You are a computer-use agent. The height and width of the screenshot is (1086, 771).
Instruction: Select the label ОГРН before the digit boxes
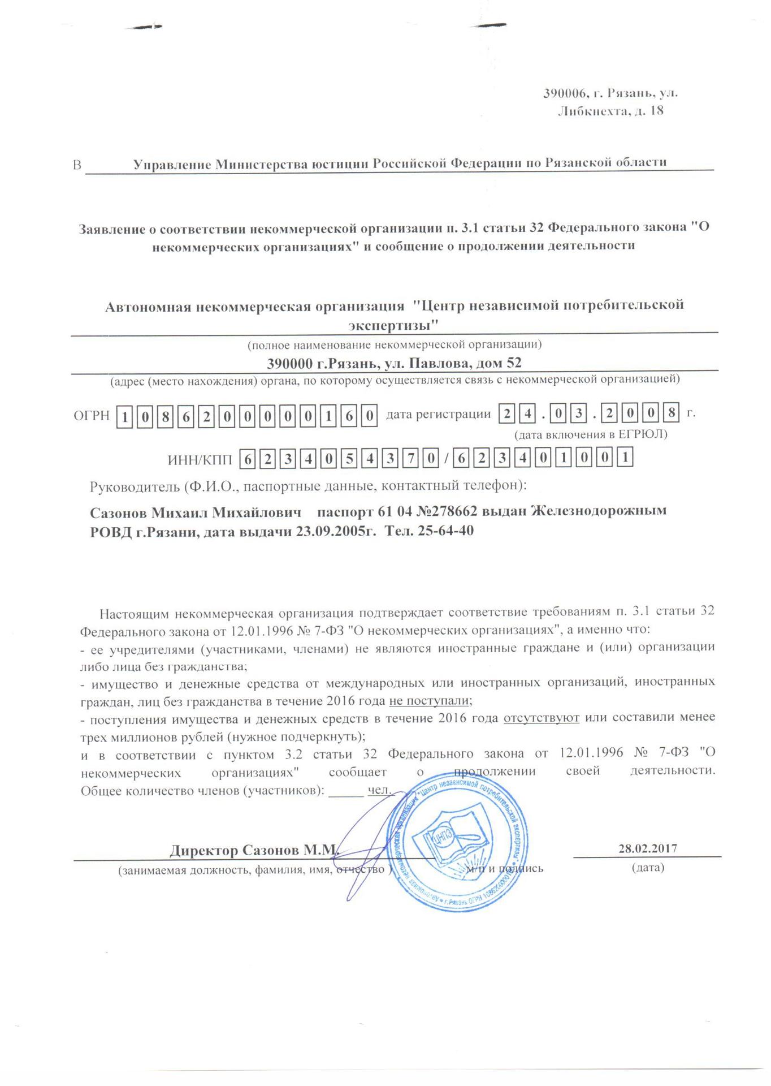pos(91,416)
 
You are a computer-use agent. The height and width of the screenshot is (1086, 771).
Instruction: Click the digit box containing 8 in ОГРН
pos(164,417)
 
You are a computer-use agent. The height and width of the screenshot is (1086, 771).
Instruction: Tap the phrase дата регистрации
pos(438,415)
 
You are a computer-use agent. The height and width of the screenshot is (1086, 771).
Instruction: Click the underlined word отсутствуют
pos(541,718)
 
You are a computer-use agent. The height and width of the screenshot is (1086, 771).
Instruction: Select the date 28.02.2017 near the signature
pos(648,848)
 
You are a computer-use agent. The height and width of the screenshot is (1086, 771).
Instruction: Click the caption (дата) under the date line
pos(648,867)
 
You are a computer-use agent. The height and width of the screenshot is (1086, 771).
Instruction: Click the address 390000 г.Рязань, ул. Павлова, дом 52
pos(394,363)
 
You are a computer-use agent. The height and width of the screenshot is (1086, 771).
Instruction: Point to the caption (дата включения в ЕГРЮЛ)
pos(590,434)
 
